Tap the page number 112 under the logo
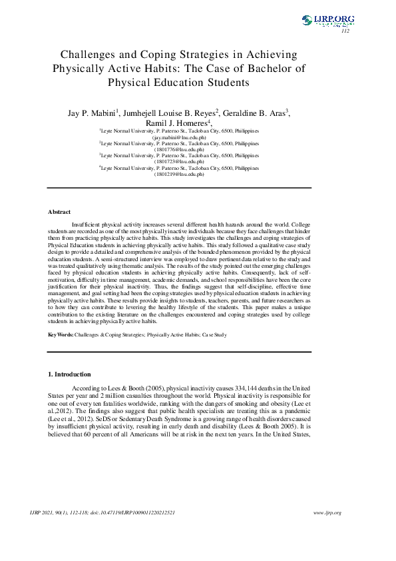click(x=345, y=31)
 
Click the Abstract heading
click(x=59, y=212)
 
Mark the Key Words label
click(x=61, y=333)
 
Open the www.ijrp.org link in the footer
click(x=327, y=512)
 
